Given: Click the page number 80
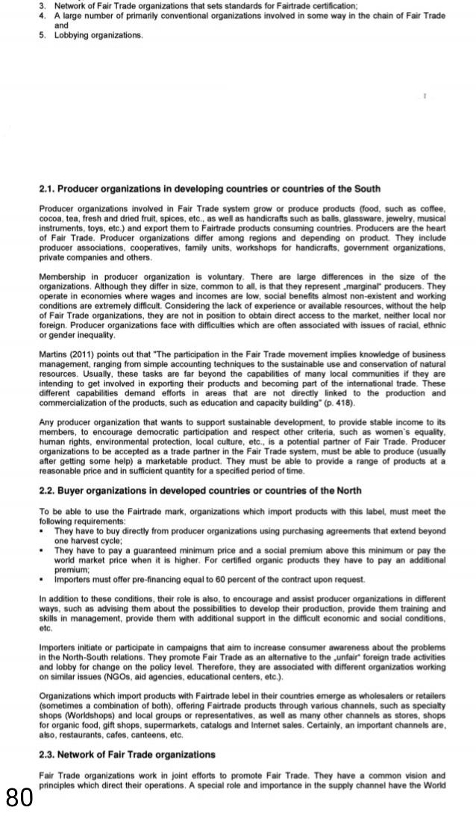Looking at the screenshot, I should (19, 797).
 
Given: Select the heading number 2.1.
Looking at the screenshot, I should (48, 188).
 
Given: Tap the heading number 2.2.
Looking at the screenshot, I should (48, 490).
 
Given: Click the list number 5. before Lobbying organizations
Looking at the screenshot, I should (43, 35).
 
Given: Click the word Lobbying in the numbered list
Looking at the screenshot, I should (72, 35).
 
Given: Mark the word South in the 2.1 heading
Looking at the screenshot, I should (363, 188).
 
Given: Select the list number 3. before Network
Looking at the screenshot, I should (43, 5).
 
